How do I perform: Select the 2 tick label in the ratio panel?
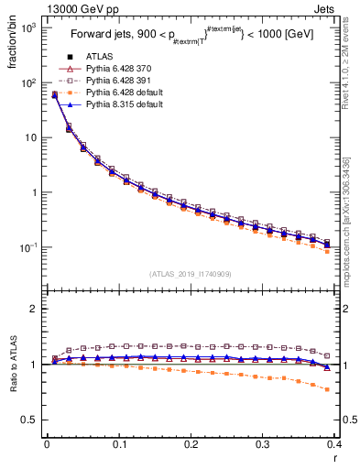pos(34,309)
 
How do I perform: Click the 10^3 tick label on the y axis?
pos(27,28)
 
